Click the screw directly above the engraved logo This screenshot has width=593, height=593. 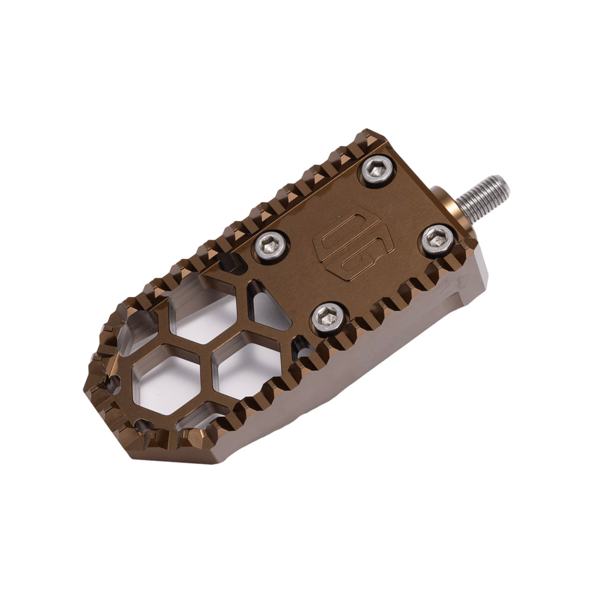(x=378, y=170)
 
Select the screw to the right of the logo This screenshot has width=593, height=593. (x=438, y=239)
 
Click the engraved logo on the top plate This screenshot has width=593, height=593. (x=346, y=243)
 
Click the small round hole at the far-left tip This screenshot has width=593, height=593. (x=113, y=385)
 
